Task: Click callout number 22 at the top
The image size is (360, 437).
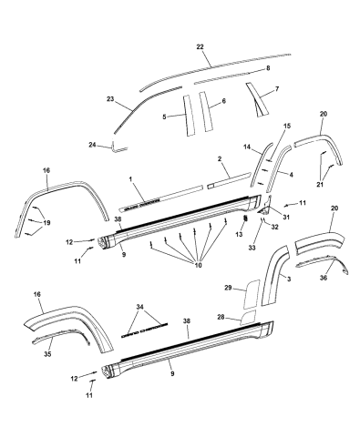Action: (201, 46)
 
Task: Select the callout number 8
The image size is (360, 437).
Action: (267, 69)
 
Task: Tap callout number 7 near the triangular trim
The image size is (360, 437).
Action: (276, 89)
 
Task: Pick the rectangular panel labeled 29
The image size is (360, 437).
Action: (249, 298)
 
